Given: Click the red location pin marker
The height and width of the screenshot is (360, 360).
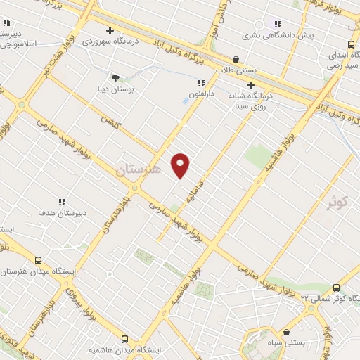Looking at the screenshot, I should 181,165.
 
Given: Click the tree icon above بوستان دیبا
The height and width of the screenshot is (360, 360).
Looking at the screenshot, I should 116,77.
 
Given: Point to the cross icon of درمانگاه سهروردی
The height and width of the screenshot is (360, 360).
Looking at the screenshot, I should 110,30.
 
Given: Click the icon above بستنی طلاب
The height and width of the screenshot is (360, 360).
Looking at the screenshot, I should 235,60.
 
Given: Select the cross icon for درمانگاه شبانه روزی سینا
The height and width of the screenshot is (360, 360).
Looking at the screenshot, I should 250,85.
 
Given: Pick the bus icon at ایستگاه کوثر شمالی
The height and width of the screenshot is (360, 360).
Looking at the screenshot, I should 335,287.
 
